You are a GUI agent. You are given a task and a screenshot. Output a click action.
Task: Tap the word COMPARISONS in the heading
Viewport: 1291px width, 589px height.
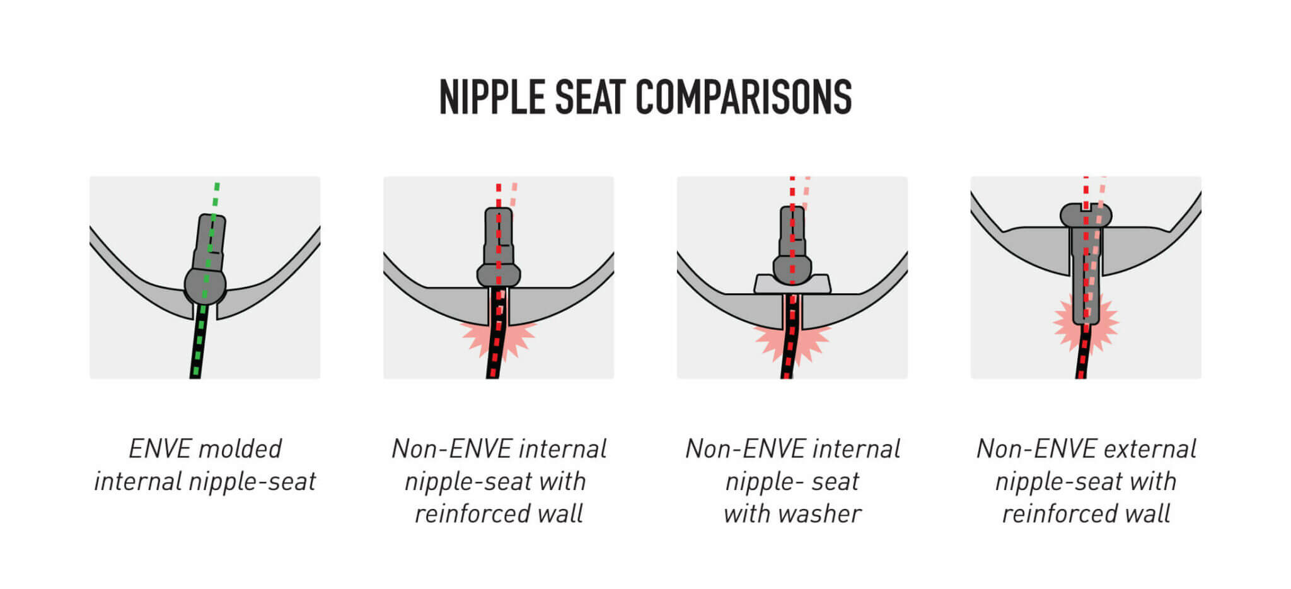[743, 97]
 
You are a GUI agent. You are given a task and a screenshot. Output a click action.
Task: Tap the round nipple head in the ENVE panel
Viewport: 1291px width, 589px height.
[205, 286]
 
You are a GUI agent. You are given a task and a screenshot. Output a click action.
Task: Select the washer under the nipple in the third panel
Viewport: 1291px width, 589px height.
[792, 284]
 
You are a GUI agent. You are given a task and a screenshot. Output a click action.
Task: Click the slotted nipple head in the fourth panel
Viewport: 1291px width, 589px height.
[1085, 215]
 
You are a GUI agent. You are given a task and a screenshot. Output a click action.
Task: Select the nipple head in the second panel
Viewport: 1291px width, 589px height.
[498, 275]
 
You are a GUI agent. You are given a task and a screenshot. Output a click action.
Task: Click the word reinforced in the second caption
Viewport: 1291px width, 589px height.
[472, 514]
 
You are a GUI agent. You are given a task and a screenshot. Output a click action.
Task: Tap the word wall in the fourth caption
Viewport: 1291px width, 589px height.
[1149, 514]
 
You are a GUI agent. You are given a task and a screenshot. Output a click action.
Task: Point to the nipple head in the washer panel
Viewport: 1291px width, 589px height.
[792, 270]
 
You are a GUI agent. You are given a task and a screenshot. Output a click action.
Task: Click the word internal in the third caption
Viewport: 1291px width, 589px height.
[856, 449]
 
